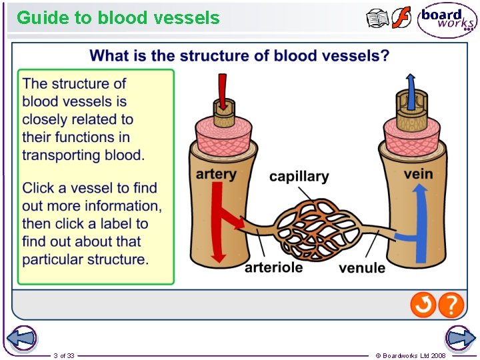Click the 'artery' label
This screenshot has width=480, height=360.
point(215,174)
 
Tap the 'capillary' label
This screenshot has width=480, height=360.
point(299,177)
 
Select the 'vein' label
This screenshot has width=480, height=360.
point(418,174)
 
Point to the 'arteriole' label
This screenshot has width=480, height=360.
point(273,267)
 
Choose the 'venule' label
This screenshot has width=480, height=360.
point(362,268)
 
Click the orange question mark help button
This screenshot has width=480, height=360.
point(451,305)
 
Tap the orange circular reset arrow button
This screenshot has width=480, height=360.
point(423,305)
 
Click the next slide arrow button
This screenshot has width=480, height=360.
point(460,338)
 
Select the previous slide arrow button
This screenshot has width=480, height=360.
point(20,338)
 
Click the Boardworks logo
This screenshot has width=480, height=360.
point(447,19)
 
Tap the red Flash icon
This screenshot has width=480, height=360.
point(401,18)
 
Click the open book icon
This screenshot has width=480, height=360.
point(377,19)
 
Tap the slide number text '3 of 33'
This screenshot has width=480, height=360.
point(64,355)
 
